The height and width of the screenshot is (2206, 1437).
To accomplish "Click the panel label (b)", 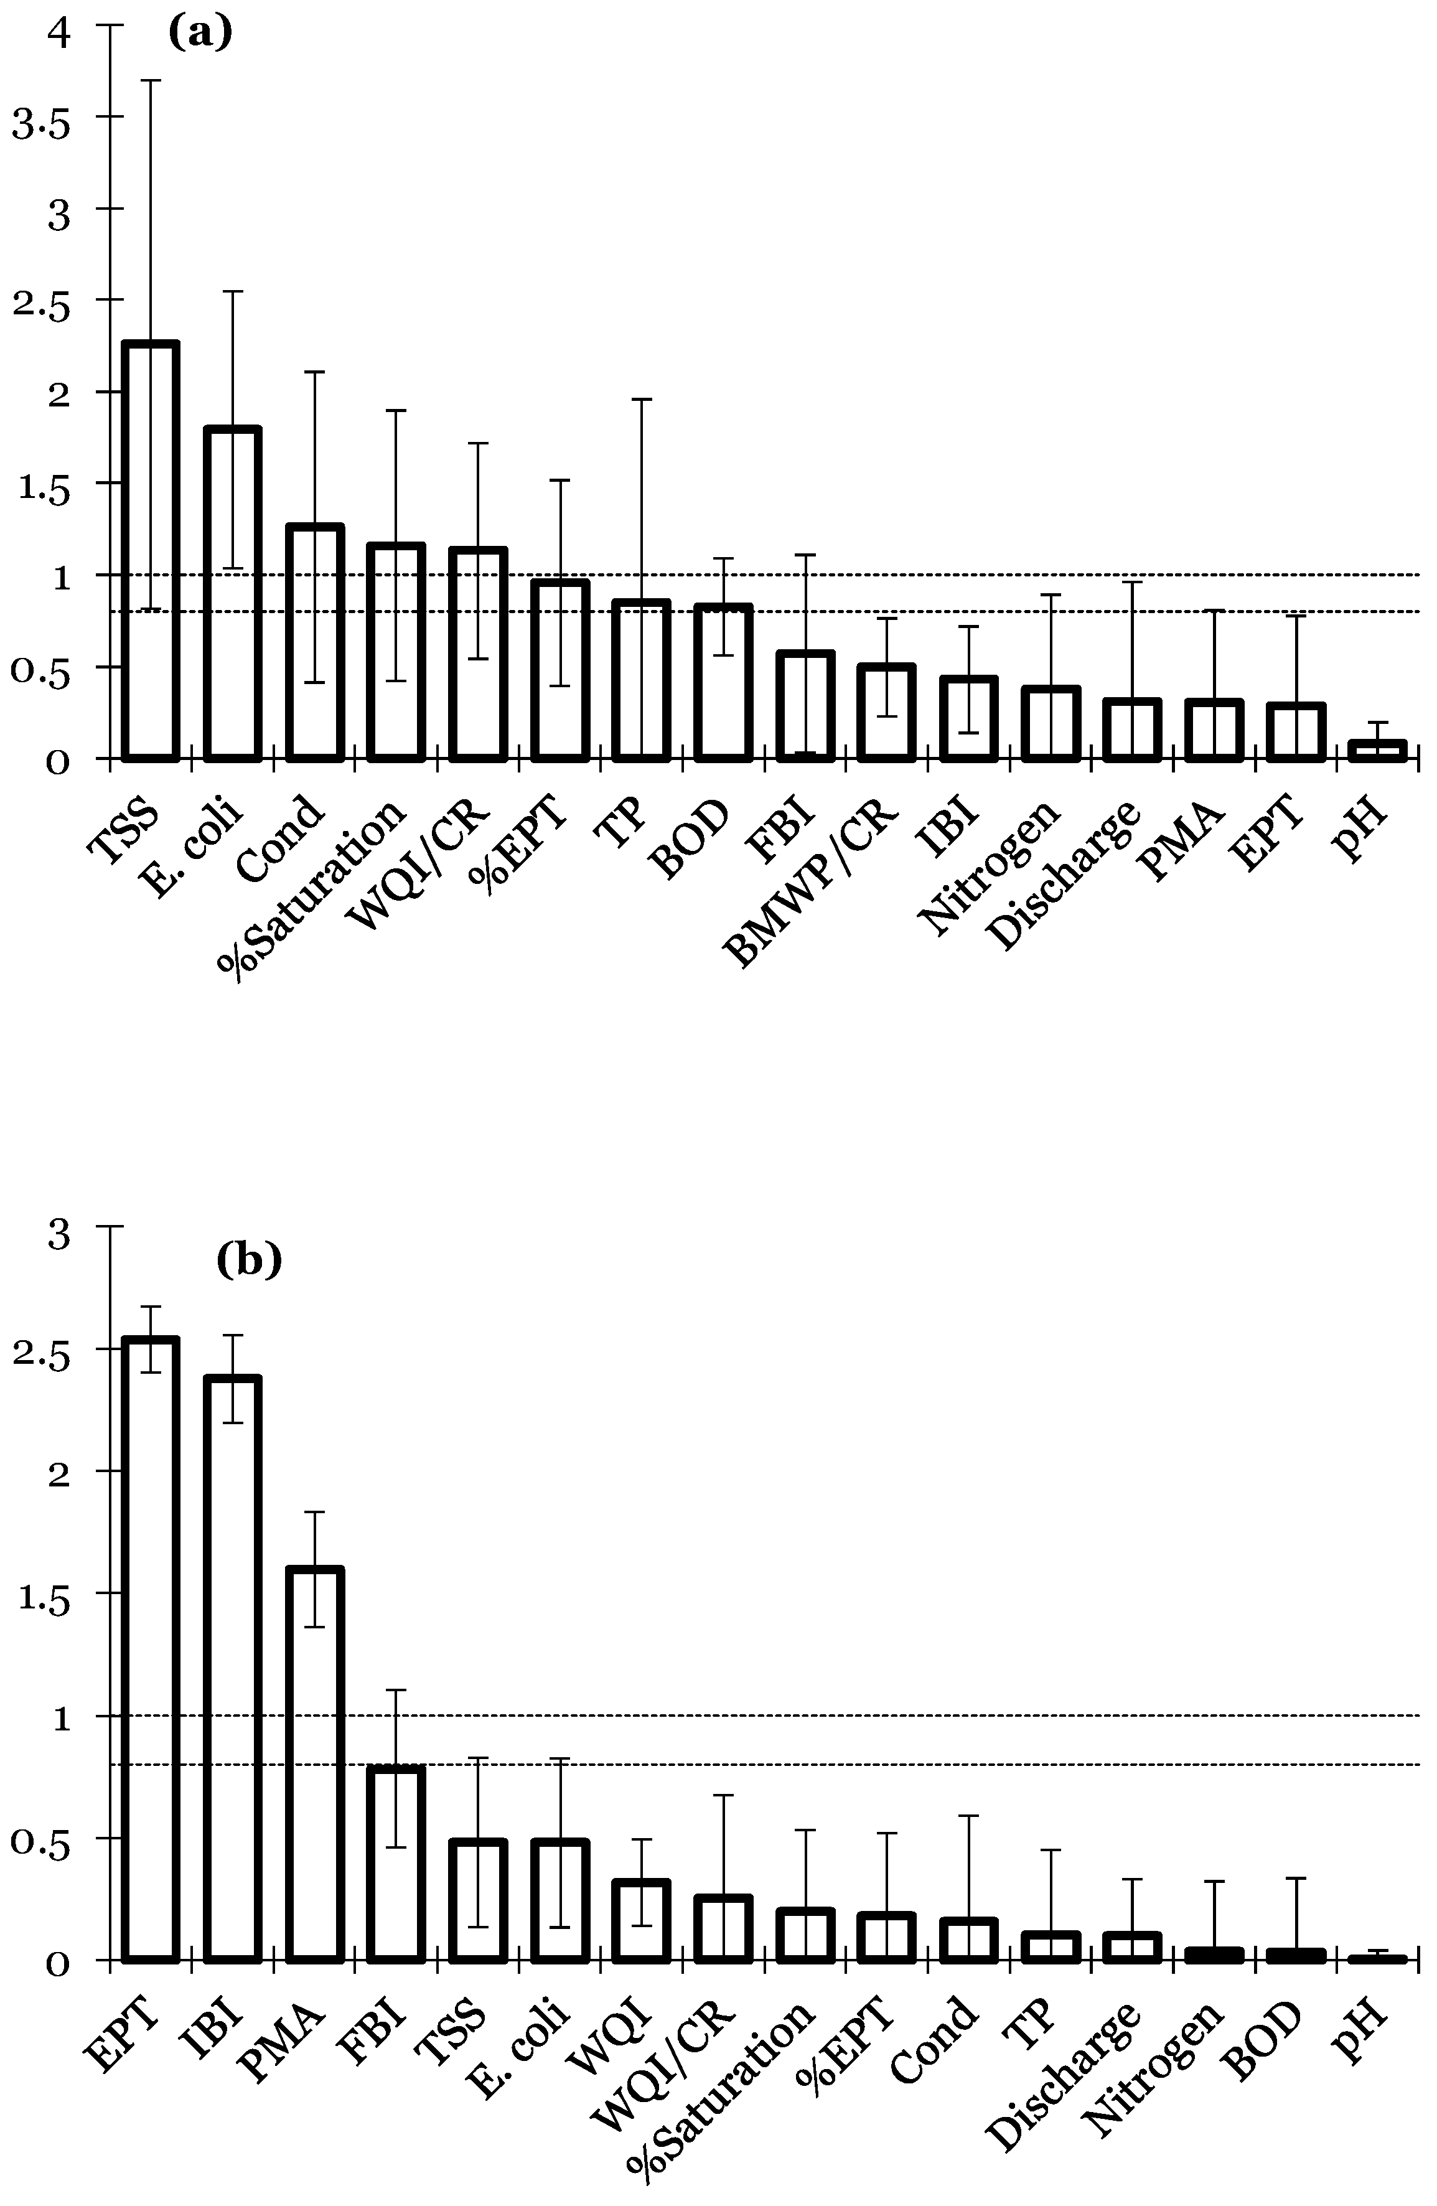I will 248,1260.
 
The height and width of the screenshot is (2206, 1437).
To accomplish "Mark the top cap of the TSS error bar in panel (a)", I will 150,81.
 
